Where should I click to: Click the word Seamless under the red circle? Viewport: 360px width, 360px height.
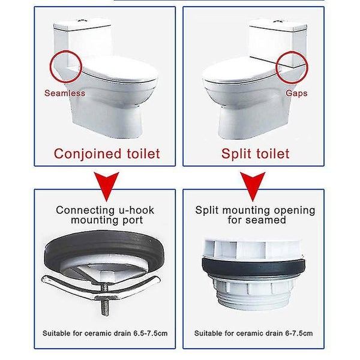[64, 94]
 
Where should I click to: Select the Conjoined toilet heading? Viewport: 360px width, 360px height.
[107, 154]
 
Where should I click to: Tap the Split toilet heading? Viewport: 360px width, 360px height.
[255, 154]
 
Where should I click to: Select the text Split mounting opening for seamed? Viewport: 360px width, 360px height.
[255, 215]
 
